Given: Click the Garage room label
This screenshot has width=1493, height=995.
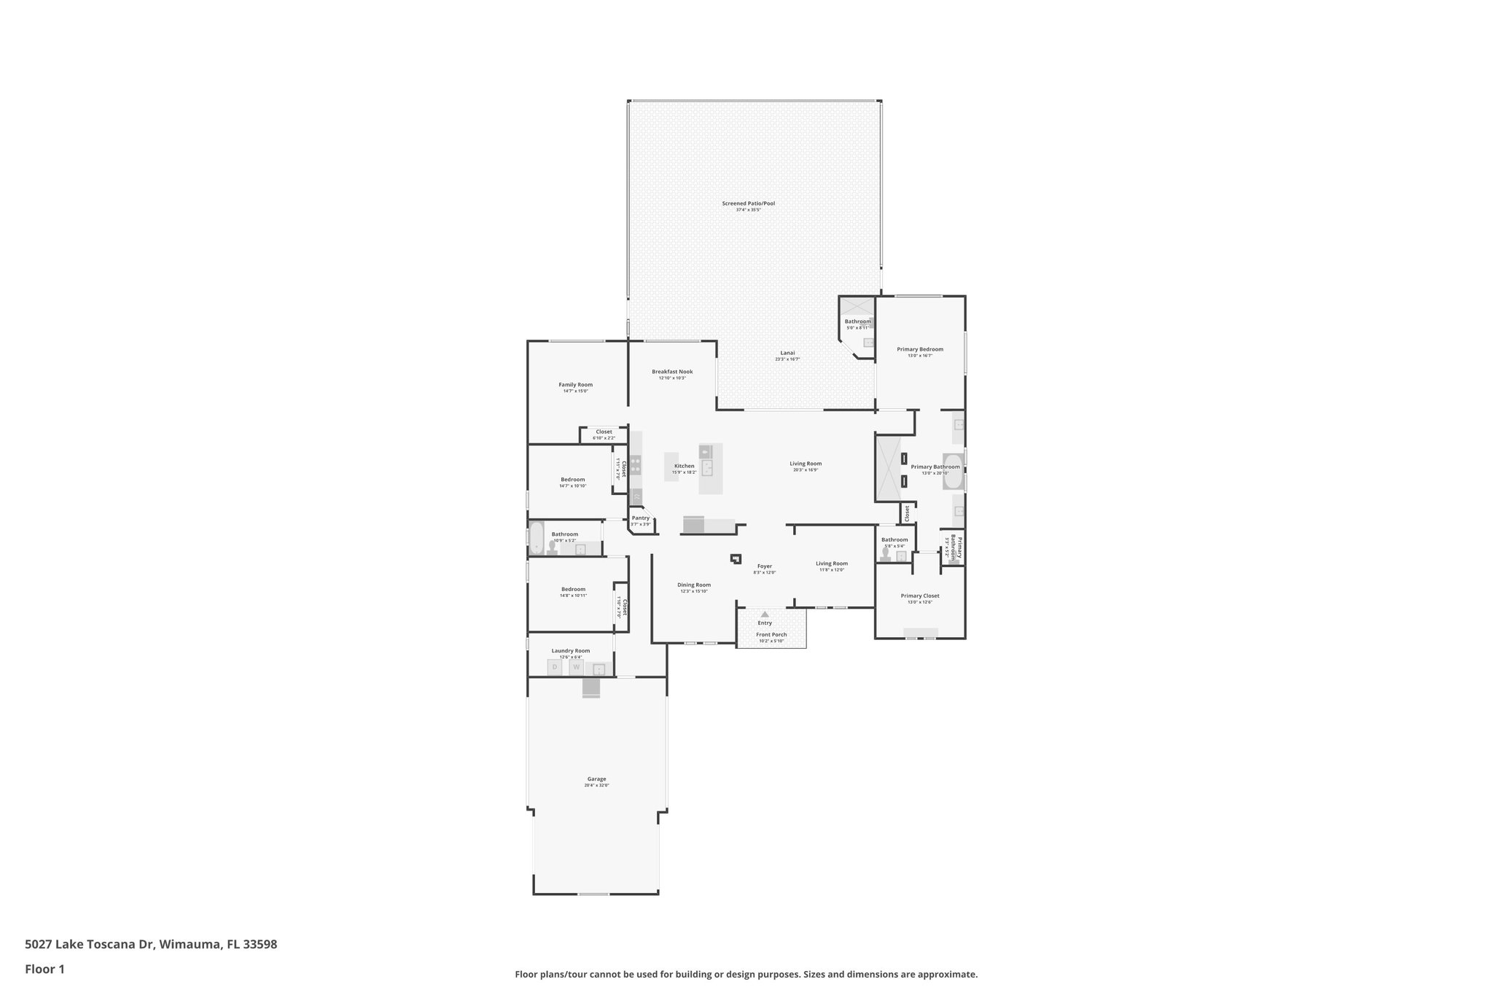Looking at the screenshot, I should pyautogui.click(x=596, y=779).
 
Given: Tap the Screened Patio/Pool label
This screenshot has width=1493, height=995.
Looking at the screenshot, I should pyautogui.click(x=748, y=203).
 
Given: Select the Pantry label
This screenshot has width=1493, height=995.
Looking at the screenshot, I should pyautogui.click(x=640, y=518).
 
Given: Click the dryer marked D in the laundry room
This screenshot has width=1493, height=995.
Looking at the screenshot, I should pyautogui.click(x=555, y=667).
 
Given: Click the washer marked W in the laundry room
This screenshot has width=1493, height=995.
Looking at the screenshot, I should pyautogui.click(x=576, y=667).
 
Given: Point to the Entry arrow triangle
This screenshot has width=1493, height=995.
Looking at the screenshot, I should pyautogui.click(x=765, y=614).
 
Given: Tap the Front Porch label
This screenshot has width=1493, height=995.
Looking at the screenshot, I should pyautogui.click(x=771, y=634).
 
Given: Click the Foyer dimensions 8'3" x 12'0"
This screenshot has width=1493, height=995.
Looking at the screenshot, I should pyautogui.click(x=765, y=572).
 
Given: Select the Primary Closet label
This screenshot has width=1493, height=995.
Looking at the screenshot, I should pyautogui.click(x=920, y=596).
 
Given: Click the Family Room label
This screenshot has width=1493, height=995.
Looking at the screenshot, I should pyautogui.click(x=575, y=384).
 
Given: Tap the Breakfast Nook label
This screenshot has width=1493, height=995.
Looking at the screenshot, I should pyautogui.click(x=672, y=371).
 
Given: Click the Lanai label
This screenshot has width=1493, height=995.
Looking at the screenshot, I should pyautogui.click(x=787, y=353).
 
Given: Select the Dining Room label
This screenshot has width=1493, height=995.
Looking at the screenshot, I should pyautogui.click(x=693, y=585).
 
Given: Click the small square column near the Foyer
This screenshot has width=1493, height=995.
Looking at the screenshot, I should pyautogui.click(x=736, y=559).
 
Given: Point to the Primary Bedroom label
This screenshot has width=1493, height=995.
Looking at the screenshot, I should pyautogui.click(x=920, y=349).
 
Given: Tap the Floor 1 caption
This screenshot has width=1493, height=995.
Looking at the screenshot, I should pyautogui.click(x=44, y=969).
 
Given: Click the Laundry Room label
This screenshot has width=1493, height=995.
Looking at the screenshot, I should pyautogui.click(x=571, y=650).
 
